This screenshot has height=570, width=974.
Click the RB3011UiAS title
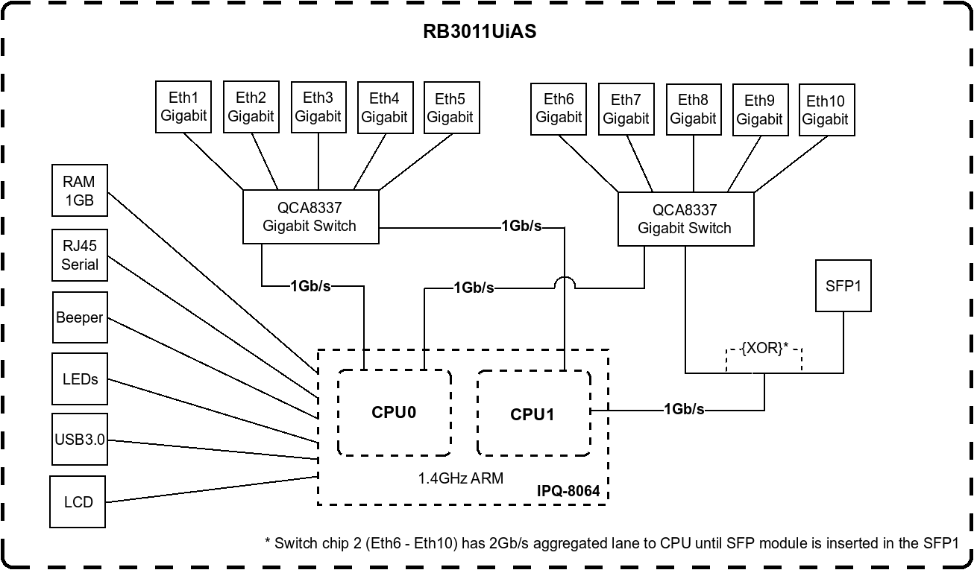pyautogui.click(x=480, y=32)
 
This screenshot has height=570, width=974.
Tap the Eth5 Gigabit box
pyautogui.click(x=450, y=107)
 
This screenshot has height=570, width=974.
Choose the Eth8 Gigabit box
pyautogui.click(x=693, y=109)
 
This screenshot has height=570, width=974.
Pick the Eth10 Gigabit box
pyautogui.click(x=826, y=110)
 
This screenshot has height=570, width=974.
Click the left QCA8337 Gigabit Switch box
pyautogui.click(x=310, y=217)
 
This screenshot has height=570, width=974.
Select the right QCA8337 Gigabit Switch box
pyautogui.click(x=685, y=219)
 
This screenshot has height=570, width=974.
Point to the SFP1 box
pyautogui.click(x=843, y=285)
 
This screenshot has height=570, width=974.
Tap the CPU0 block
pyautogui.click(x=394, y=412)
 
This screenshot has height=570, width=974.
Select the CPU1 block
pyautogui.click(x=532, y=414)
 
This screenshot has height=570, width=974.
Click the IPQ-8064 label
pyautogui.click(x=568, y=492)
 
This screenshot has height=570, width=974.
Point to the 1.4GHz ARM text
pyautogui.click(x=461, y=478)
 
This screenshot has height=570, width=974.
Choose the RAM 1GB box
pyautogui.click(x=79, y=191)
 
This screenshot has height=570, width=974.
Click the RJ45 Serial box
pyautogui.click(x=79, y=255)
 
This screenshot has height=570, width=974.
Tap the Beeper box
pyautogui.click(x=79, y=317)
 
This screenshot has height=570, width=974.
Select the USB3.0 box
pyautogui.click(x=79, y=440)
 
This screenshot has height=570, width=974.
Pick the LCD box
pyautogui.click(x=78, y=501)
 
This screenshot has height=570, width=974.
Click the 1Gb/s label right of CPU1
pyautogui.click(x=685, y=409)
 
